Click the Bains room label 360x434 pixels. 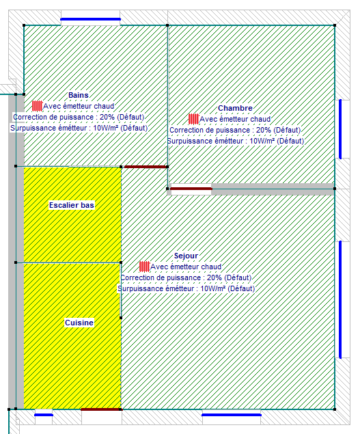click(x=79, y=95)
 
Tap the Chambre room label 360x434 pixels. click(x=235, y=108)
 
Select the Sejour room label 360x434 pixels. click(x=186, y=256)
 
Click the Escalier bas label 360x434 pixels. click(x=72, y=205)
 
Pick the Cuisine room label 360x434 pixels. click(x=79, y=323)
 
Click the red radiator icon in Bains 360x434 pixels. click(x=37, y=106)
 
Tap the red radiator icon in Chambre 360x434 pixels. click(x=194, y=119)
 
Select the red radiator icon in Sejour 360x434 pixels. click(x=144, y=267)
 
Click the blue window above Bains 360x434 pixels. click(x=90, y=19)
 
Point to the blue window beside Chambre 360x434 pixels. click(x=340, y=129)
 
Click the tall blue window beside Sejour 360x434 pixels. click(x=340, y=299)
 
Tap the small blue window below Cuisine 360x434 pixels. click(x=44, y=415)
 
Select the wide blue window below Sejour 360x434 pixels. click(x=232, y=415)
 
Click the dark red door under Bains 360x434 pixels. click(x=146, y=167)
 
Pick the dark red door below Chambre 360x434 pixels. click(x=191, y=189)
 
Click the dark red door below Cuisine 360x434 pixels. click(x=100, y=409)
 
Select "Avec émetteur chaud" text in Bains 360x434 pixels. click(x=79, y=106)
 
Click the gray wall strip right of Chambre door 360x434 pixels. click(x=273, y=189)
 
